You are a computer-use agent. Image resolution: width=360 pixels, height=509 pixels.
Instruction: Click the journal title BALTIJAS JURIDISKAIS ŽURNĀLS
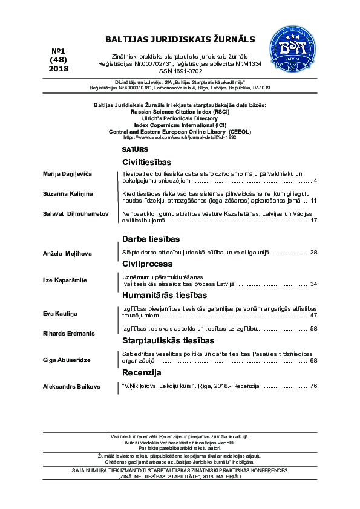click(x=180, y=39)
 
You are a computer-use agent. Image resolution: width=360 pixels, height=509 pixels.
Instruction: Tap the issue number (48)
click(x=59, y=59)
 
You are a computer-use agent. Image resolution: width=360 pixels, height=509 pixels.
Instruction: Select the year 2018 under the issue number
click(x=59, y=68)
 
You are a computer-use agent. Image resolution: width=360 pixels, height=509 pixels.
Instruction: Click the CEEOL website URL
click(x=180, y=138)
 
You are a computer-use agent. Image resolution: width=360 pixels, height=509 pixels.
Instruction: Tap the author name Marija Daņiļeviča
click(x=67, y=174)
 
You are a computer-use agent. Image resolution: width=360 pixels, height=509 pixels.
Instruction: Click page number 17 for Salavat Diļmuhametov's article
click(x=313, y=221)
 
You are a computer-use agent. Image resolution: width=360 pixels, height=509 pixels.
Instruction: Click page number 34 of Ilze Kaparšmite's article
click(x=313, y=284)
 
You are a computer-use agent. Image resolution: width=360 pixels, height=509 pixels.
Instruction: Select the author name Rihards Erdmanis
click(x=68, y=333)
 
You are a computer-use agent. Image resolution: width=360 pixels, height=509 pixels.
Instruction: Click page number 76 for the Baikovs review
click(x=313, y=386)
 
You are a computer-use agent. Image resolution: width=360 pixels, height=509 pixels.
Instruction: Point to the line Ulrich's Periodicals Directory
click(x=180, y=119)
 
